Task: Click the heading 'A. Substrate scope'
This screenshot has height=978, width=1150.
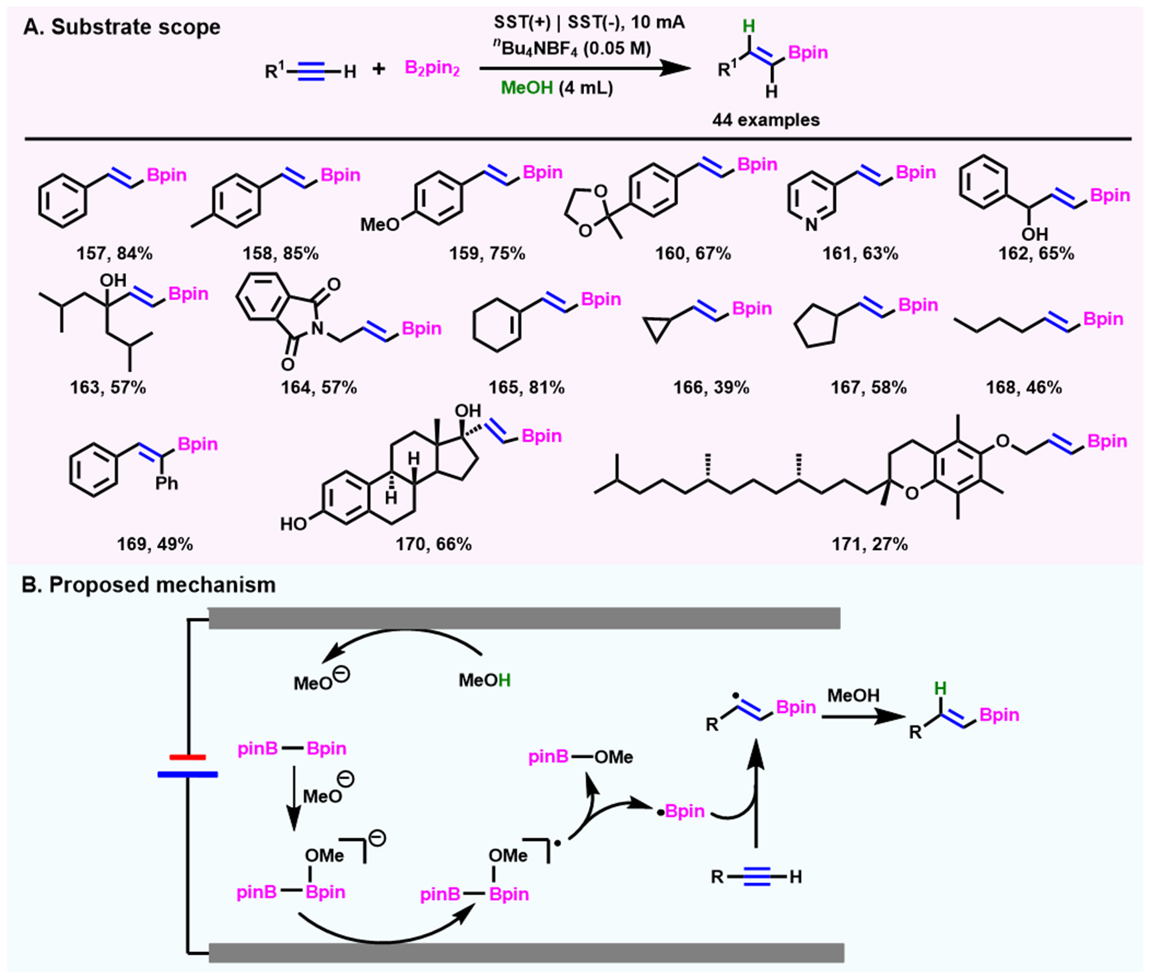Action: click(x=122, y=27)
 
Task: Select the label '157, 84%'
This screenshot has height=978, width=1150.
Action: click(x=114, y=253)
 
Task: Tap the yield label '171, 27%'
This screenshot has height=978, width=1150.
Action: click(x=870, y=544)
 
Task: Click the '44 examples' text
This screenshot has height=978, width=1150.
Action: click(x=766, y=120)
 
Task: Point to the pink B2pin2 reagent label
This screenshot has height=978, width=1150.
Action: click(x=432, y=68)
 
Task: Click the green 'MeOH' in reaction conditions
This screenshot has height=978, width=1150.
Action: click(x=526, y=88)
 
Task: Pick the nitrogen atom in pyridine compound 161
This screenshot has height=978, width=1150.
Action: click(x=811, y=225)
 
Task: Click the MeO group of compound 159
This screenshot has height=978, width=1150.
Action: click(x=380, y=225)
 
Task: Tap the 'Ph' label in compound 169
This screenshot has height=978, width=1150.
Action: click(x=167, y=483)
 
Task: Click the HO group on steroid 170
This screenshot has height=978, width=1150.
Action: click(x=293, y=524)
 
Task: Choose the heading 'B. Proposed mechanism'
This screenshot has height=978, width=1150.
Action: click(x=149, y=584)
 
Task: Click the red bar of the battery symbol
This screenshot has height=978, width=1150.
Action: click(x=188, y=757)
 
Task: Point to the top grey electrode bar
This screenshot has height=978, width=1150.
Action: click(x=524, y=618)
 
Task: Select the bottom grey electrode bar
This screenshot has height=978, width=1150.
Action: click(x=526, y=953)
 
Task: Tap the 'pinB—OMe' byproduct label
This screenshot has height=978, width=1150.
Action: click(x=580, y=757)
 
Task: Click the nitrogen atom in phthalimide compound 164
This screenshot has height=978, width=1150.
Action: click(x=317, y=329)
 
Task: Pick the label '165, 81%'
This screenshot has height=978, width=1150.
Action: click(x=526, y=388)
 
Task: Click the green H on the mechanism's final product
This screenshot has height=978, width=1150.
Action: click(x=940, y=688)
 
